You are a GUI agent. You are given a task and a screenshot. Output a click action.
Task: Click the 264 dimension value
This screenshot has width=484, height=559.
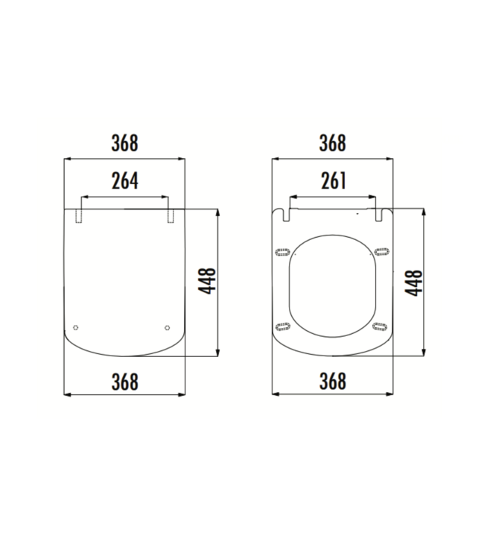125,180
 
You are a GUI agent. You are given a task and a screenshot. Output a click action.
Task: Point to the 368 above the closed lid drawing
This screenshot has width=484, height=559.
125,143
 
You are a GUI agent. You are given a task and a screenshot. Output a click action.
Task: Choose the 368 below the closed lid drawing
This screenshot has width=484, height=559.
125,381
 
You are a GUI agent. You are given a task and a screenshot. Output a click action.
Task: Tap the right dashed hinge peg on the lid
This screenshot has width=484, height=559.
171,215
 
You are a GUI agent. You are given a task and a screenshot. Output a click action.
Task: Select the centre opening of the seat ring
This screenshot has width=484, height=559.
331,287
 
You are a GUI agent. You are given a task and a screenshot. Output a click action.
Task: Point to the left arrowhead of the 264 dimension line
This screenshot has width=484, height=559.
82,198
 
